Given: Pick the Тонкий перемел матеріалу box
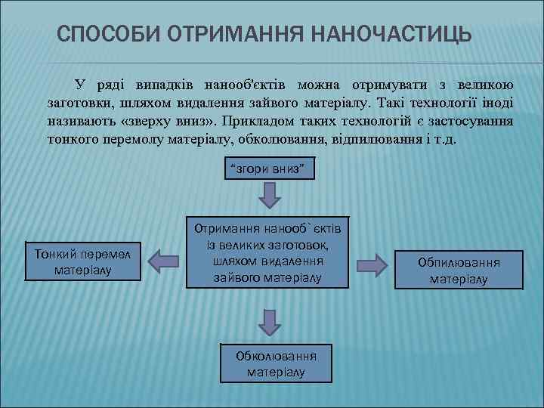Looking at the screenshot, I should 83,260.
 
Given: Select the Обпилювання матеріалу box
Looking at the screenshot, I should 459,269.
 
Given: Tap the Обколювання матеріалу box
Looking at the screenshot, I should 276,363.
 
